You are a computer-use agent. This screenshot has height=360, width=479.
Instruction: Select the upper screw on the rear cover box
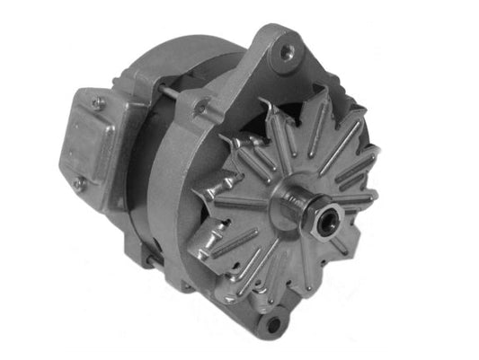(x=99, y=104)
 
